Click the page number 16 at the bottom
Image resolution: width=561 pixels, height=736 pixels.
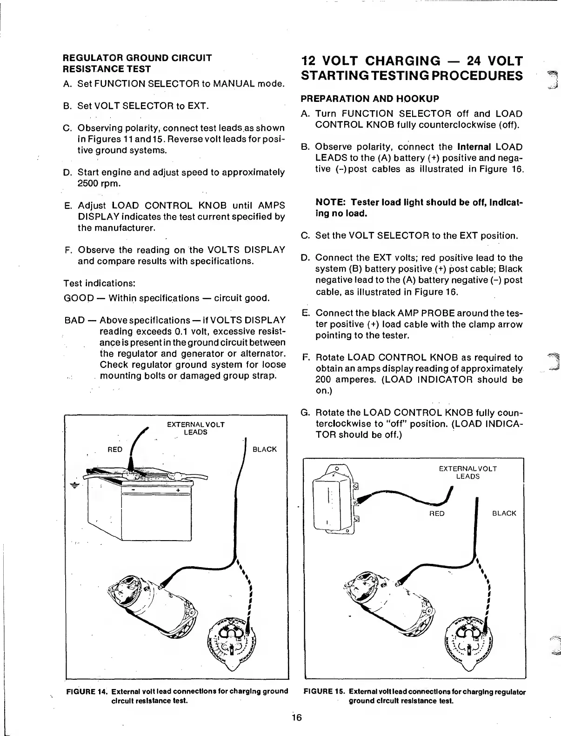point(297,717)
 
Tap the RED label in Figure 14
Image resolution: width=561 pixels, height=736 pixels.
point(115,449)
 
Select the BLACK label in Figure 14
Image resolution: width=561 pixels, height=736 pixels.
point(264,449)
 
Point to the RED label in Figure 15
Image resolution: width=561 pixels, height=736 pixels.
point(436,514)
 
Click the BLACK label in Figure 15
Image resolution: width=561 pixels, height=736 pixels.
point(504,514)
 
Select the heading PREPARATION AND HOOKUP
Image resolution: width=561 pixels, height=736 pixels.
point(370,99)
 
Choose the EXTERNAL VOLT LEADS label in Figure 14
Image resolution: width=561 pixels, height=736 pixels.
point(195,428)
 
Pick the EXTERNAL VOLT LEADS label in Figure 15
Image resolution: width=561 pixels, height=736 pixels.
point(467,472)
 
